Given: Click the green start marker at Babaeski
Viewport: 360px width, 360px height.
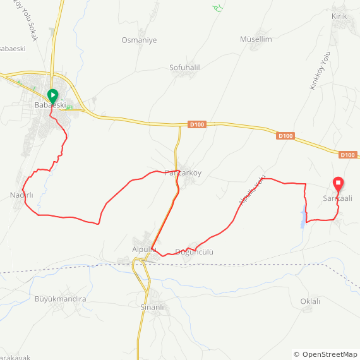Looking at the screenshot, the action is [52, 97].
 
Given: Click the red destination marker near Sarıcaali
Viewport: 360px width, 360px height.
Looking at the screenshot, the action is [338, 184].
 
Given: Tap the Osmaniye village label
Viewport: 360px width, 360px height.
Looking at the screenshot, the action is [139, 40].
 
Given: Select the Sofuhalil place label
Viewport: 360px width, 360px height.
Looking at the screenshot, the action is [184, 68].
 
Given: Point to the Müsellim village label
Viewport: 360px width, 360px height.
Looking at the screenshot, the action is [256, 39].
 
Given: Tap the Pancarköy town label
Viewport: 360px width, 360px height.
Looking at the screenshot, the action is [183, 172].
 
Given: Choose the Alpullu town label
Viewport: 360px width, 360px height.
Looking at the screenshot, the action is [143, 249].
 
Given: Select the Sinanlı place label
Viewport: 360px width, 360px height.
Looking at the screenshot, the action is [152, 308].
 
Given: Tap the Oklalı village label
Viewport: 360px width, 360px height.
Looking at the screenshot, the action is [310, 301].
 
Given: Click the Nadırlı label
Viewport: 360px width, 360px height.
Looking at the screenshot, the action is [21, 194].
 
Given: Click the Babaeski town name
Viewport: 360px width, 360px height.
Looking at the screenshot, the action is [50, 105].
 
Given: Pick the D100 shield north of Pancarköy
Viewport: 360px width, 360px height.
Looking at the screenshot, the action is [197, 125].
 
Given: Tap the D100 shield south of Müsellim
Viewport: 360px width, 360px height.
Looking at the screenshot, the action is [285, 136].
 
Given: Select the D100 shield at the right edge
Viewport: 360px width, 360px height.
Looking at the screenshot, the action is [348, 155].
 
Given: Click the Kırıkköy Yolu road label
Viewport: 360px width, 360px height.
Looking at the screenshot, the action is [320, 71].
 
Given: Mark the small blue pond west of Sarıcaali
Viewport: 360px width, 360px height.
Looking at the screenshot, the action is [302, 219].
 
